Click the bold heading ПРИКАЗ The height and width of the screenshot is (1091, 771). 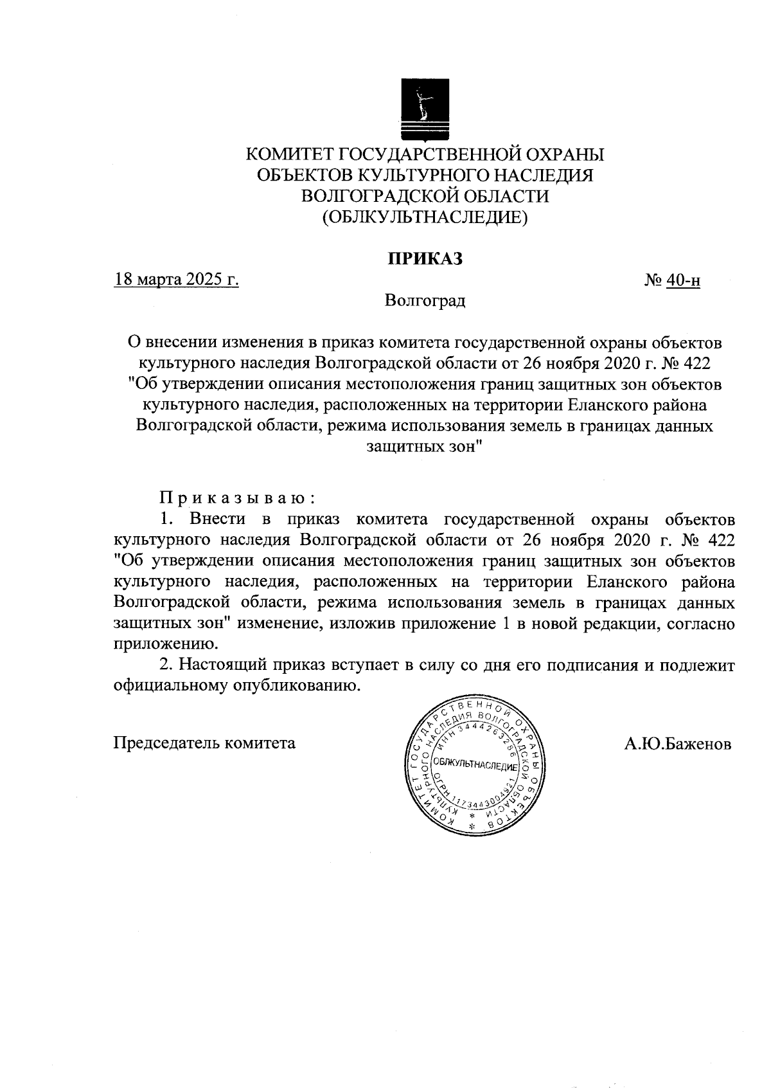pos(424,258)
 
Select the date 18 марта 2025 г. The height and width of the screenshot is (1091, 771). pos(177,280)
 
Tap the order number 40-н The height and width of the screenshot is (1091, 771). pos(683,281)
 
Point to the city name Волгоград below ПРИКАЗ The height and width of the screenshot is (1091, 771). pos(425,300)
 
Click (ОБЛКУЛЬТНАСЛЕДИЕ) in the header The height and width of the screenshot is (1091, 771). pos(425,217)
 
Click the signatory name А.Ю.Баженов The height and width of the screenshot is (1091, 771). pos(677,744)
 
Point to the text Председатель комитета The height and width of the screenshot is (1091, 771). pos(204,743)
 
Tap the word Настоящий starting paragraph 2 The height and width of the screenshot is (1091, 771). pos(222,665)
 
